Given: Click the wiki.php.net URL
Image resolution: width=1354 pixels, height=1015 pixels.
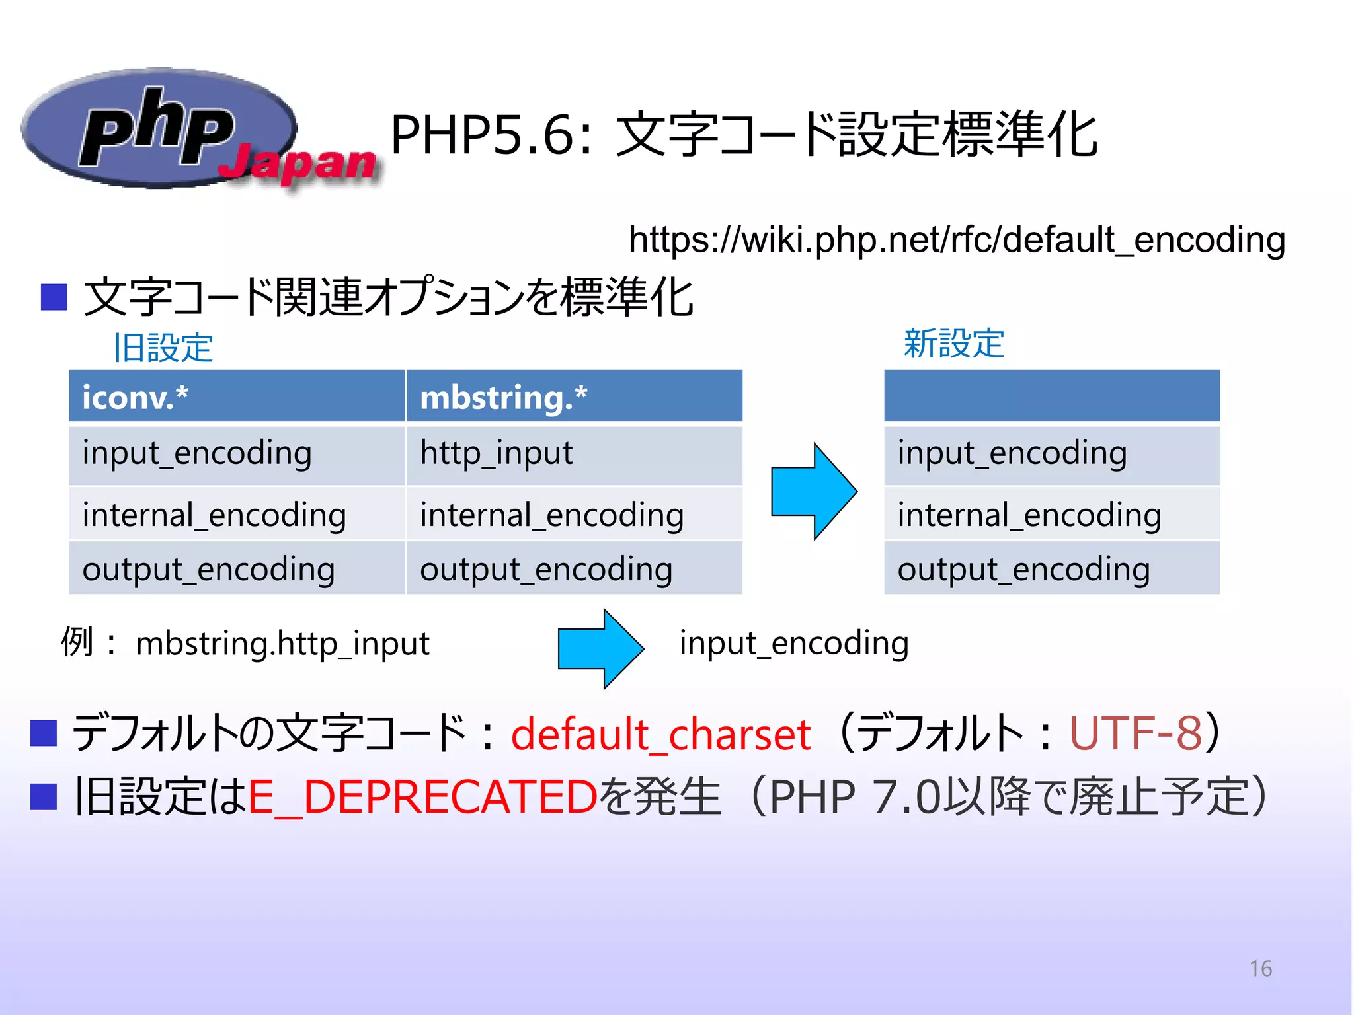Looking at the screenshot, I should pos(956,239).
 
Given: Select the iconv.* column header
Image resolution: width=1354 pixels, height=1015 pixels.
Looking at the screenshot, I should pos(136,397).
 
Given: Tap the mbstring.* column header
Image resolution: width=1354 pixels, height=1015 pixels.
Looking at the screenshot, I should pos(504,397).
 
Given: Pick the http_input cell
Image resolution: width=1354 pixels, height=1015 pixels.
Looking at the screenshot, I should pos(496,454).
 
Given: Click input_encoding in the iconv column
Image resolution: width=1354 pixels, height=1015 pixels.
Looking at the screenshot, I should pos(197,454).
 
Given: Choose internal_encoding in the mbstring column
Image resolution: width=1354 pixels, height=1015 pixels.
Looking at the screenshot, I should pos(551,515).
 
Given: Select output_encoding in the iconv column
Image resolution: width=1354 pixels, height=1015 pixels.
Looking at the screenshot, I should pos(208,570).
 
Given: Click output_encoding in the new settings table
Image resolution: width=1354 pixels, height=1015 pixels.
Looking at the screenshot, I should pos(1023,570).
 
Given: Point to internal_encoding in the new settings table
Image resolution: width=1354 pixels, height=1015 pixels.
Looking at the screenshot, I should pos(1029,515).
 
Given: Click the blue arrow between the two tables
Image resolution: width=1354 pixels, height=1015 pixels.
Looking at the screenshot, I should pos(814,491).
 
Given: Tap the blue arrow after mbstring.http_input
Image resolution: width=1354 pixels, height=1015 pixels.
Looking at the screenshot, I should pos(600,648).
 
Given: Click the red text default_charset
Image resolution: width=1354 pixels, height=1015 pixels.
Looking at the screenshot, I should pos(660,734).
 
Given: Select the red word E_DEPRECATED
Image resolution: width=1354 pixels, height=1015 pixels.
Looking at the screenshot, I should pos(423,796).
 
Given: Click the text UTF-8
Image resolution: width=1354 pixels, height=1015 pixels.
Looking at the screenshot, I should pos(1135,733).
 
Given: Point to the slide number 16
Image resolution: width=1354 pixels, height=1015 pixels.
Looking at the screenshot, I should pos(1260,969).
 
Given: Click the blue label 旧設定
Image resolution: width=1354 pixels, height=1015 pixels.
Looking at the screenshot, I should pos(163,348).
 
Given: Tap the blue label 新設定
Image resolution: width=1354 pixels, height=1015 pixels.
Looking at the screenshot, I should pos(953,344).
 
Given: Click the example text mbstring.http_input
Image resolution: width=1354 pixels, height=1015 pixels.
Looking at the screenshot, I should pos(282,644).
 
